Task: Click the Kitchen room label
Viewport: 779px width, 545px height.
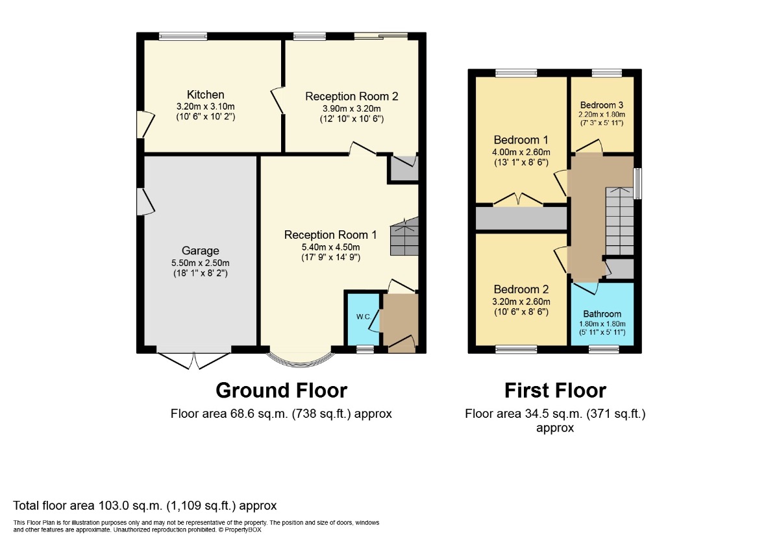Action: coord(206,95)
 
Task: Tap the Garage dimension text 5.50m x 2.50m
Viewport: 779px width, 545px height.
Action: coord(201,263)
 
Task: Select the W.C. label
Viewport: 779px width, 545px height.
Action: coord(364,317)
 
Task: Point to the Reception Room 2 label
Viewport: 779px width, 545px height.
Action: coord(352,96)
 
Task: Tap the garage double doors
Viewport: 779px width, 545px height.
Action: coord(193,361)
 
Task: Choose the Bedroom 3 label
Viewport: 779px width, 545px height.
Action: coord(602,105)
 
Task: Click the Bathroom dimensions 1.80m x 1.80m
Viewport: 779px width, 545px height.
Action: coord(602,324)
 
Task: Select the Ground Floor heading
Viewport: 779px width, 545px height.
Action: coord(281,391)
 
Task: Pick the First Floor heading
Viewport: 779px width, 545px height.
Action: coord(556,391)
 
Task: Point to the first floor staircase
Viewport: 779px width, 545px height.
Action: coord(619,221)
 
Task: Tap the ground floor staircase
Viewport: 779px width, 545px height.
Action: coord(404,237)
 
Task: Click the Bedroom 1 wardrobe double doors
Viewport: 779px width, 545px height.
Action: coord(518,200)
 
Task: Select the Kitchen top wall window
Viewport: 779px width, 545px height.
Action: coord(183,36)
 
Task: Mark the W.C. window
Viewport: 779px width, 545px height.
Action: coord(365,349)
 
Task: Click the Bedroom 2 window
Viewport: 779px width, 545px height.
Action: coord(516,349)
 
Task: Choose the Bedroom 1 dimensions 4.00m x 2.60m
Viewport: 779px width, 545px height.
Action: coord(521,152)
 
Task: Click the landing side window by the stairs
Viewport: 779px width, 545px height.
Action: coord(637,184)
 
